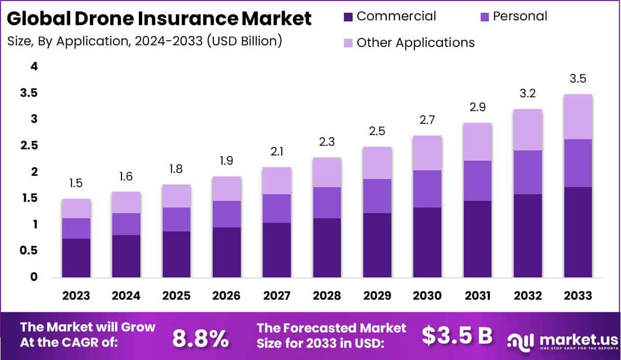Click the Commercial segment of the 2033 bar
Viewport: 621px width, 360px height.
point(578,232)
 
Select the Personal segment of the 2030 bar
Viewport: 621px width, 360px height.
point(427,189)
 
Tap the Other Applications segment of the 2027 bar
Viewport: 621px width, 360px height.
point(277,181)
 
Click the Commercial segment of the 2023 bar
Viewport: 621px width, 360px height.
point(76,258)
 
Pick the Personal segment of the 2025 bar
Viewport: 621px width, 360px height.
point(176,219)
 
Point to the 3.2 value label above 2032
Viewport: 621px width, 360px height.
point(528,94)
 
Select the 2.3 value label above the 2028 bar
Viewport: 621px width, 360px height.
point(327,142)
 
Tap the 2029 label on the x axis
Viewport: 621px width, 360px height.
point(377,296)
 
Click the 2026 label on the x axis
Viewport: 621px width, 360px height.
point(227,296)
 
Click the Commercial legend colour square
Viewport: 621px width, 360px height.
point(348,17)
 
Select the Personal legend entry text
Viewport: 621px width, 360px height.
point(520,16)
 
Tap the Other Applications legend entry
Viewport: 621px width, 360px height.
point(415,42)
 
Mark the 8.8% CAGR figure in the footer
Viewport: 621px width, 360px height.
point(200,338)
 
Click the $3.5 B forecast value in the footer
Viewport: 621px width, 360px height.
point(457,336)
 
